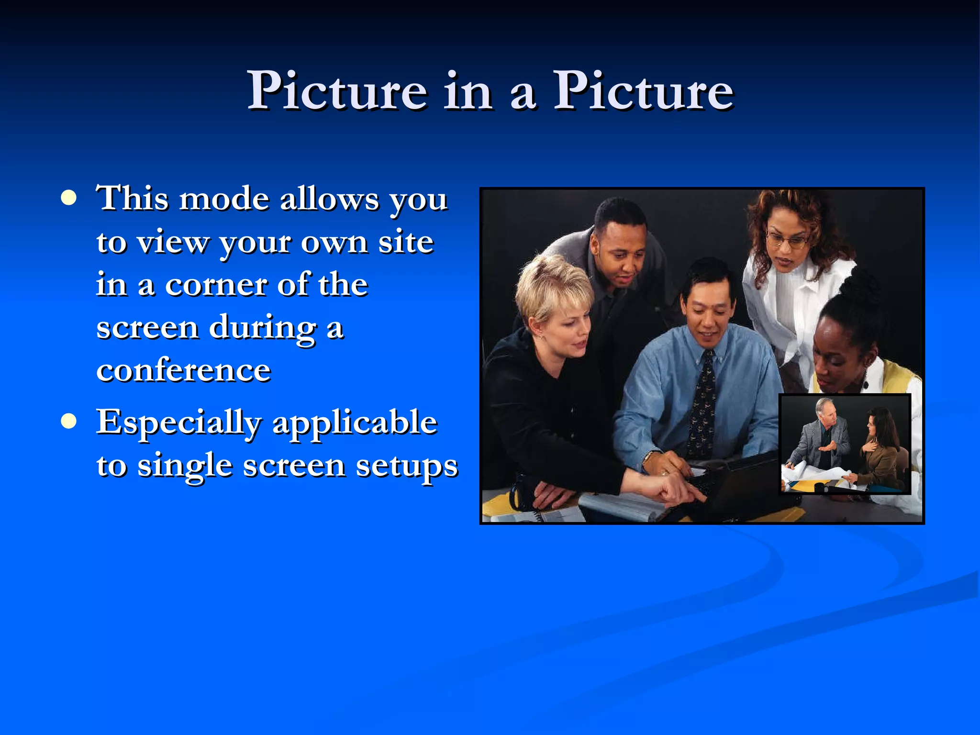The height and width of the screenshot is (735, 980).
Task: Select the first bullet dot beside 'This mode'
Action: point(69,198)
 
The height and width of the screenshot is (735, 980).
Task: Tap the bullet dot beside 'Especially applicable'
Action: point(69,421)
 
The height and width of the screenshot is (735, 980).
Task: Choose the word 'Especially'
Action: point(179,423)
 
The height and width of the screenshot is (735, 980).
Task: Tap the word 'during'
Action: point(262,328)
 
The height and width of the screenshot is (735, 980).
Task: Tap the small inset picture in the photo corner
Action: point(845,444)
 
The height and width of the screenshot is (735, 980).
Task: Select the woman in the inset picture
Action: point(879,447)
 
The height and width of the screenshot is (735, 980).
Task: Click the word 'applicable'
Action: point(355,423)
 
